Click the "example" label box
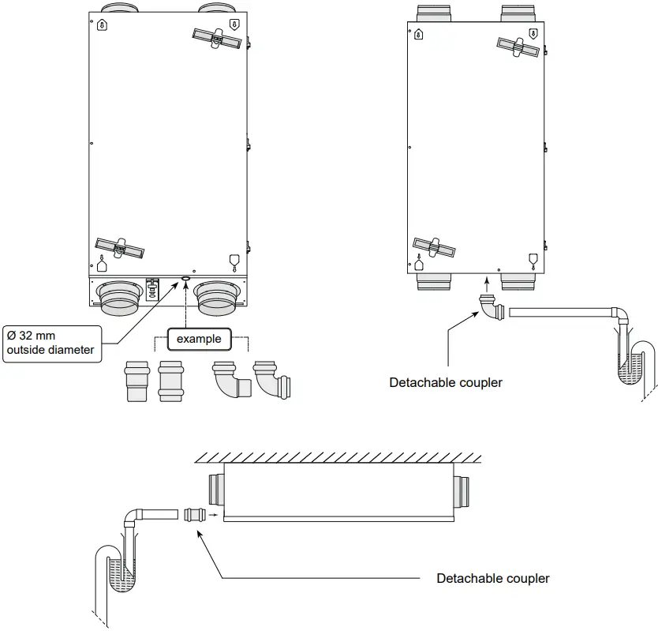[199, 339]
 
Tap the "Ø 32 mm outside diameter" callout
[51, 344]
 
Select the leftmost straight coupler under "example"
[136, 381]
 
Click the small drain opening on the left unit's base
[185, 279]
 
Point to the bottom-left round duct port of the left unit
[118, 297]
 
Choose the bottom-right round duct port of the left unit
[217, 297]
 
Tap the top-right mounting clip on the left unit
[216, 36]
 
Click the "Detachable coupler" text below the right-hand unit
[446, 382]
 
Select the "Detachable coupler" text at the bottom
[493, 578]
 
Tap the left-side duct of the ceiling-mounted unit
[215, 490]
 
